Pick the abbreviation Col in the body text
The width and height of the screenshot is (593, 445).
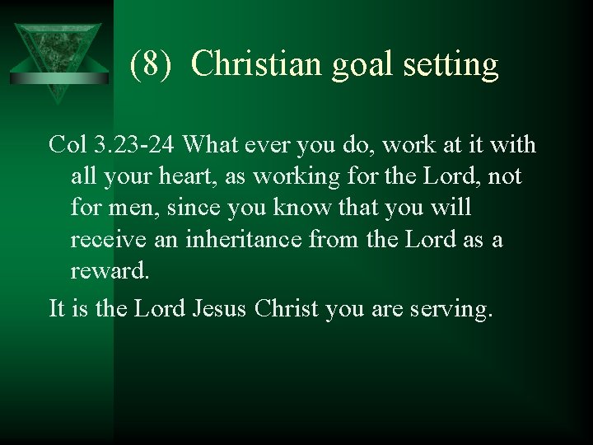67,145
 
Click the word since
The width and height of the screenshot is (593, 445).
193,208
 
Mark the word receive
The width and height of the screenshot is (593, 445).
106,239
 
